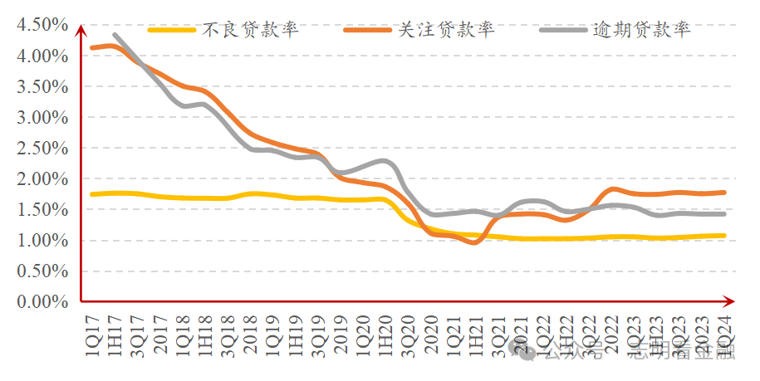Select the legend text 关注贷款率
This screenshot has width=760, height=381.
[447, 31]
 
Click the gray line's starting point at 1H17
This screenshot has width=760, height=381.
[115, 36]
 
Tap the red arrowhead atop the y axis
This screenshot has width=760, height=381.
[81, 31]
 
